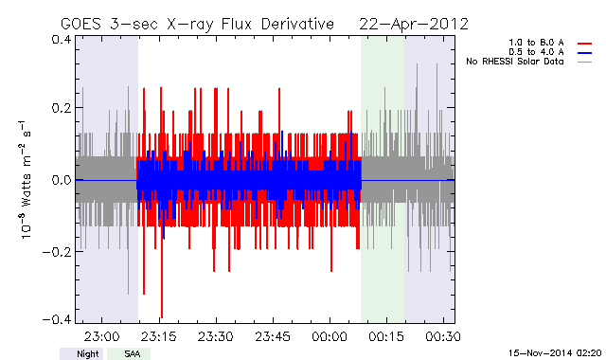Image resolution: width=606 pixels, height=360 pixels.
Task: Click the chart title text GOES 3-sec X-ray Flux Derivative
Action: [197, 24]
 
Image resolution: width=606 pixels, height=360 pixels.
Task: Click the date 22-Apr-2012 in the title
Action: [414, 24]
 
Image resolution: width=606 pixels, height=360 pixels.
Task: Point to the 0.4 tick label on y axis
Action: [61, 40]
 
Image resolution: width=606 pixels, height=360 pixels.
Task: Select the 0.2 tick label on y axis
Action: [61, 108]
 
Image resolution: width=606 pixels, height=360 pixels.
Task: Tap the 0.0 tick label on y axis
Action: [61, 180]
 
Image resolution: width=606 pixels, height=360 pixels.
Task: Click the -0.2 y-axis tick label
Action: [57, 252]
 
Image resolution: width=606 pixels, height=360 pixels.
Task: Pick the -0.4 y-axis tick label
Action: [57, 320]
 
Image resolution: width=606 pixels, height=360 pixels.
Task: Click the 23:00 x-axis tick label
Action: [101, 336]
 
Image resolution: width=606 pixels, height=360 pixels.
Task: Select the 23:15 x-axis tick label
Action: [159, 336]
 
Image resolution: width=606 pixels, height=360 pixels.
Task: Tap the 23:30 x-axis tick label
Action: [216, 336]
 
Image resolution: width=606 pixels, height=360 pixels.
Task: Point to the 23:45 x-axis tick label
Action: [273, 336]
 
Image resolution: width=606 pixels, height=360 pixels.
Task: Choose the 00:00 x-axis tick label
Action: [330, 336]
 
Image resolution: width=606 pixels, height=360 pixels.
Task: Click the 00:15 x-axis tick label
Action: [386, 336]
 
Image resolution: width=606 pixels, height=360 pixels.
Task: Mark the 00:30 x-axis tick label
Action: [443, 336]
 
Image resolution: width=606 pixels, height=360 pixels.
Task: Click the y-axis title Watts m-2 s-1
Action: [26, 180]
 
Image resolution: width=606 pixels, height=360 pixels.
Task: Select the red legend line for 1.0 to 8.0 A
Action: [585, 44]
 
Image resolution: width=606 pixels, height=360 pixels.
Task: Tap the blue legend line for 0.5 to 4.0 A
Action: [585, 53]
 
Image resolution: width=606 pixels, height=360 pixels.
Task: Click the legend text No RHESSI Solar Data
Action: [515, 62]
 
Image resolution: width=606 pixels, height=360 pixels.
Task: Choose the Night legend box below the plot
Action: [81, 353]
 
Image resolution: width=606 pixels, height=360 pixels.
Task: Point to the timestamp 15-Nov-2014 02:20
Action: [555, 353]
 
